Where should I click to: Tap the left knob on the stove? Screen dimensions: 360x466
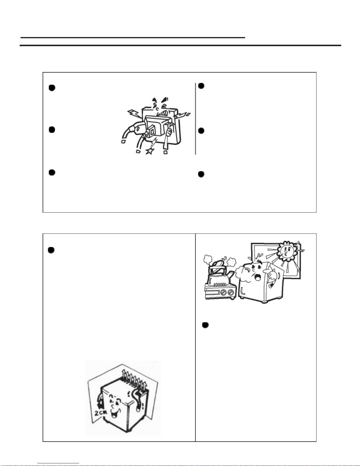point(224,292)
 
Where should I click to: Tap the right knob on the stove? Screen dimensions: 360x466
point(231,292)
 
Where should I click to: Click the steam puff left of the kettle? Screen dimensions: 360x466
point(208,260)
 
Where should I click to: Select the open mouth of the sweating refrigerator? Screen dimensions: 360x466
point(257,278)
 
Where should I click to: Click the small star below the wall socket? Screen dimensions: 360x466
point(150,151)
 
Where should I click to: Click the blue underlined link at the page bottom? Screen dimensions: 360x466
point(58,463)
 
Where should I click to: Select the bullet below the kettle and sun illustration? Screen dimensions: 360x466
point(205,325)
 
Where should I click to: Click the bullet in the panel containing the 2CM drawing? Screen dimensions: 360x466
point(51,250)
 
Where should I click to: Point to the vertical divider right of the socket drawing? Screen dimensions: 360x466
point(195,118)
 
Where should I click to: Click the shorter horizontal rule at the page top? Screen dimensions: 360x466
point(133,38)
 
